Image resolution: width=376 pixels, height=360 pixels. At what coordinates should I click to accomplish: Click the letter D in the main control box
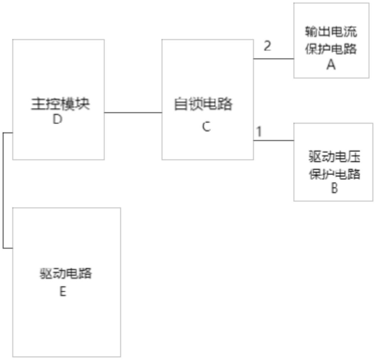(x=57, y=119)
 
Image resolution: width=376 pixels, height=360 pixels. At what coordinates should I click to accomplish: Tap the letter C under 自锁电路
(x=206, y=127)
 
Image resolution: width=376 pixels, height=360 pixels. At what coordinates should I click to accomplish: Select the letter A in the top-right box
(x=331, y=64)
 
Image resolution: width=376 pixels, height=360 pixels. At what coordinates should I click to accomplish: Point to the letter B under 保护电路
(x=334, y=188)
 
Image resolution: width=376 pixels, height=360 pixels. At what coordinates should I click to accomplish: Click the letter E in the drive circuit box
(x=63, y=291)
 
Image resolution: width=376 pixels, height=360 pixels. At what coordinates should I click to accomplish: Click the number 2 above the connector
(x=267, y=46)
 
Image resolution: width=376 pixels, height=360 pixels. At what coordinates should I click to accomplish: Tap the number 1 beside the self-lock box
(x=259, y=132)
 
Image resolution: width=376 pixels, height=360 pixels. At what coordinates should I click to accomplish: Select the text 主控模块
(x=60, y=104)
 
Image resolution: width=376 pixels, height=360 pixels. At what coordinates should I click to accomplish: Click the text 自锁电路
(x=203, y=104)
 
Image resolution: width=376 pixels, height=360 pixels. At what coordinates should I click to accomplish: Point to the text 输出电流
(x=331, y=32)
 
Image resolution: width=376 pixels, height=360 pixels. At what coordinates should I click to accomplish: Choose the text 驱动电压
(x=335, y=157)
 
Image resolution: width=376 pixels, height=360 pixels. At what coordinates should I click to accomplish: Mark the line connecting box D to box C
(x=133, y=113)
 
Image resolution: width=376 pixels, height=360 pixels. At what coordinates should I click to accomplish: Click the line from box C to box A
(x=274, y=59)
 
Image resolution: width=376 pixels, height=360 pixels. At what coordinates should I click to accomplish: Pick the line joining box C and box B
(x=274, y=141)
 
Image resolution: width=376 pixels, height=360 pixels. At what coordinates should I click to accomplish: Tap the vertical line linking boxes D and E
(x=3, y=191)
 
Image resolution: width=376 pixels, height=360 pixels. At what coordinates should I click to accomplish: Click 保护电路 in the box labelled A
(x=331, y=49)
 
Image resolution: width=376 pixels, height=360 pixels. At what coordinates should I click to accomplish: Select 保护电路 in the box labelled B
(x=335, y=174)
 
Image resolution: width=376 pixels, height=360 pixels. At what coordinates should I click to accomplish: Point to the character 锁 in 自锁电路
(x=196, y=104)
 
